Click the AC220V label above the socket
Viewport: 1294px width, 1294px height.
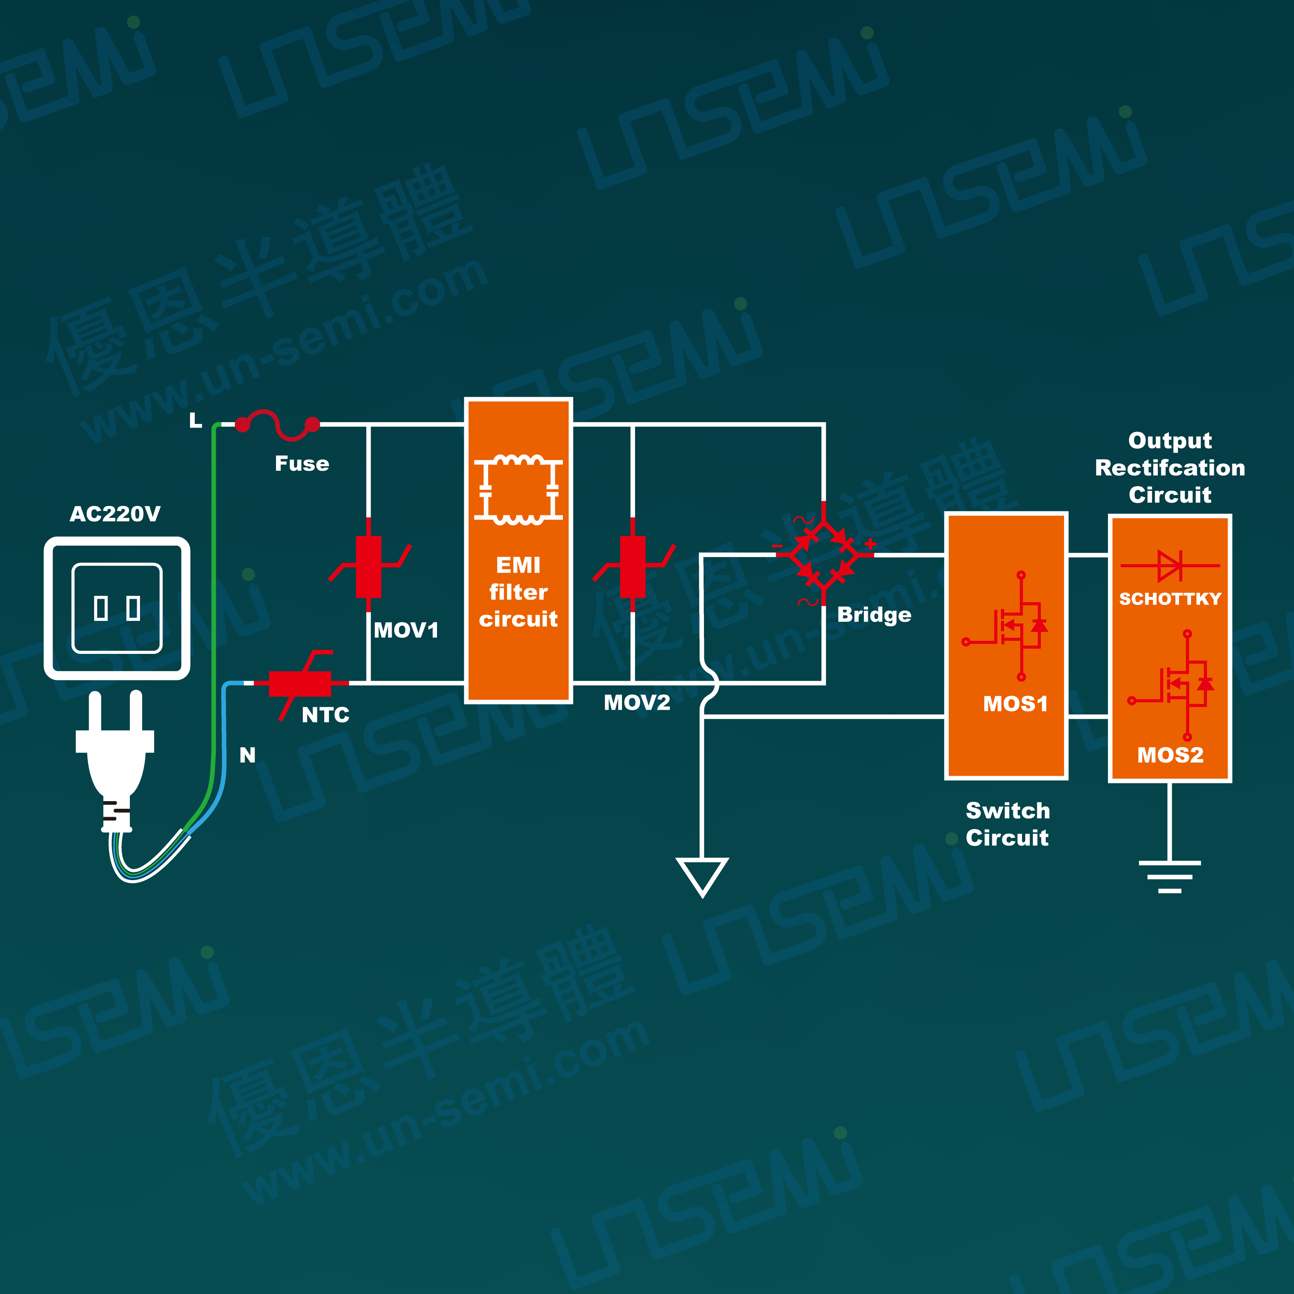point(115,514)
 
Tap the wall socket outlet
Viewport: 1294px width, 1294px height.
point(117,608)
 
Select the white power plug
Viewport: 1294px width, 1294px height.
point(115,760)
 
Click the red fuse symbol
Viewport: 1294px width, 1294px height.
point(277,425)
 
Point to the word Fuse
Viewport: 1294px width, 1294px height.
point(302,463)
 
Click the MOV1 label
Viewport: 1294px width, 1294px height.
point(406,630)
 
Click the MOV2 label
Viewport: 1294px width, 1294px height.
point(637,702)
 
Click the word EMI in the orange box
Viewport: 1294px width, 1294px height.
point(518,565)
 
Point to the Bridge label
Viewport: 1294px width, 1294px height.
point(874,615)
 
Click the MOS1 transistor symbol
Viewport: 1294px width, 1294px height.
point(1005,626)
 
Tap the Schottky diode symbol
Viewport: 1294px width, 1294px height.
point(1170,565)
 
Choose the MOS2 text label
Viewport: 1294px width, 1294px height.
point(1170,755)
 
